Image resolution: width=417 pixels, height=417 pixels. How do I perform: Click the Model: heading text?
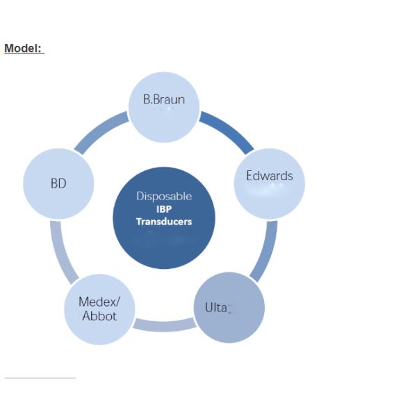[x=24, y=49]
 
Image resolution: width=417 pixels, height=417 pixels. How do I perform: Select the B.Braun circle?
[x=164, y=106]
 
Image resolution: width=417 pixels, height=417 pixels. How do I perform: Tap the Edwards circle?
[x=269, y=181]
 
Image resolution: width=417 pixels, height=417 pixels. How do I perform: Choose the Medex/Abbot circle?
[x=99, y=309]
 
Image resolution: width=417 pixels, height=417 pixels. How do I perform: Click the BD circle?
[x=58, y=183]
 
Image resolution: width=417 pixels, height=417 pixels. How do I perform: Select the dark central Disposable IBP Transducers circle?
[x=164, y=218]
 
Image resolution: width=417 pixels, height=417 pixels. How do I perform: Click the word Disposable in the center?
[x=164, y=197]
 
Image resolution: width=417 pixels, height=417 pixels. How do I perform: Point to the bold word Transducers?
[x=164, y=222]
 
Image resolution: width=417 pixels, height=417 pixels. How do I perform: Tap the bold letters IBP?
[x=164, y=209]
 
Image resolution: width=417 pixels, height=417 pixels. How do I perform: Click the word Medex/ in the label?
[x=98, y=302]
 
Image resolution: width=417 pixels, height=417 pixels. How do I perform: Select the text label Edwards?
[x=269, y=176]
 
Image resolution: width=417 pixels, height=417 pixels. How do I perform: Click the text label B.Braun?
[x=164, y=99]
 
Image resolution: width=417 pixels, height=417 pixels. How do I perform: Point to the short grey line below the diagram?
[x=40, y=378]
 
